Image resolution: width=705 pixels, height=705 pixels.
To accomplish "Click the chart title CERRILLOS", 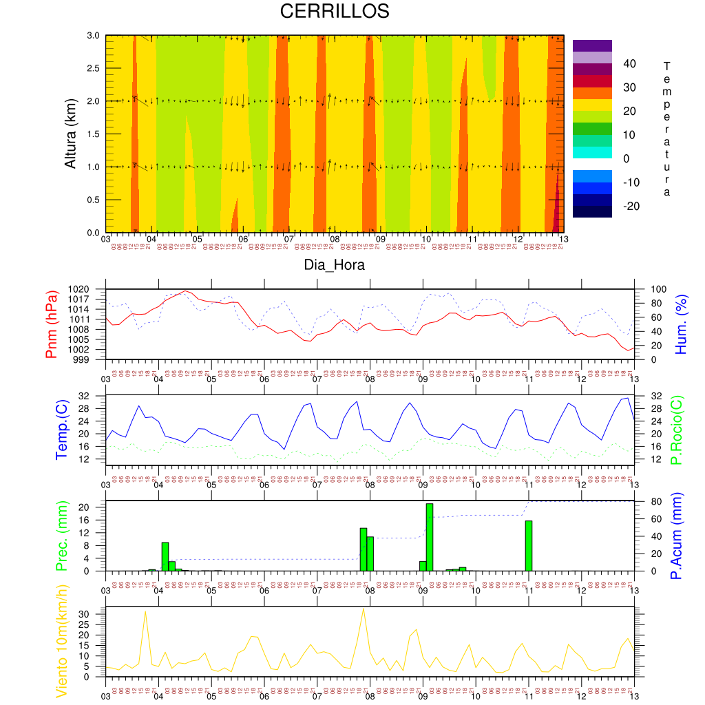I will [x=335, y=12].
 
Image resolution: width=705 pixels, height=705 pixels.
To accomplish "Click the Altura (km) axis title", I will [x=70, y=134].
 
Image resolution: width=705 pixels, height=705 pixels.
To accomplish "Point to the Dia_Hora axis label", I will [x=335, y=264].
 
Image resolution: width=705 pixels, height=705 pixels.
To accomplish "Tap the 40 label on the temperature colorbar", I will [x=629, y=64].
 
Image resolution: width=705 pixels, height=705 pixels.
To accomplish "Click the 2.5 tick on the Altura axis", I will [x=93, y=68].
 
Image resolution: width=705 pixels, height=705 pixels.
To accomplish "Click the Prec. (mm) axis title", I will [x=61, y=536].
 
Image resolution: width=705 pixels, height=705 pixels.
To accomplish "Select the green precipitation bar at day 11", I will [x=529, y=545].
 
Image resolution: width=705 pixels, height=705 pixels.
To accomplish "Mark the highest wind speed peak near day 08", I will [x=364, y=609].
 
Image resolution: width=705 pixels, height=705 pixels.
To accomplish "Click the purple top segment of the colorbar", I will [x=592, y=45].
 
